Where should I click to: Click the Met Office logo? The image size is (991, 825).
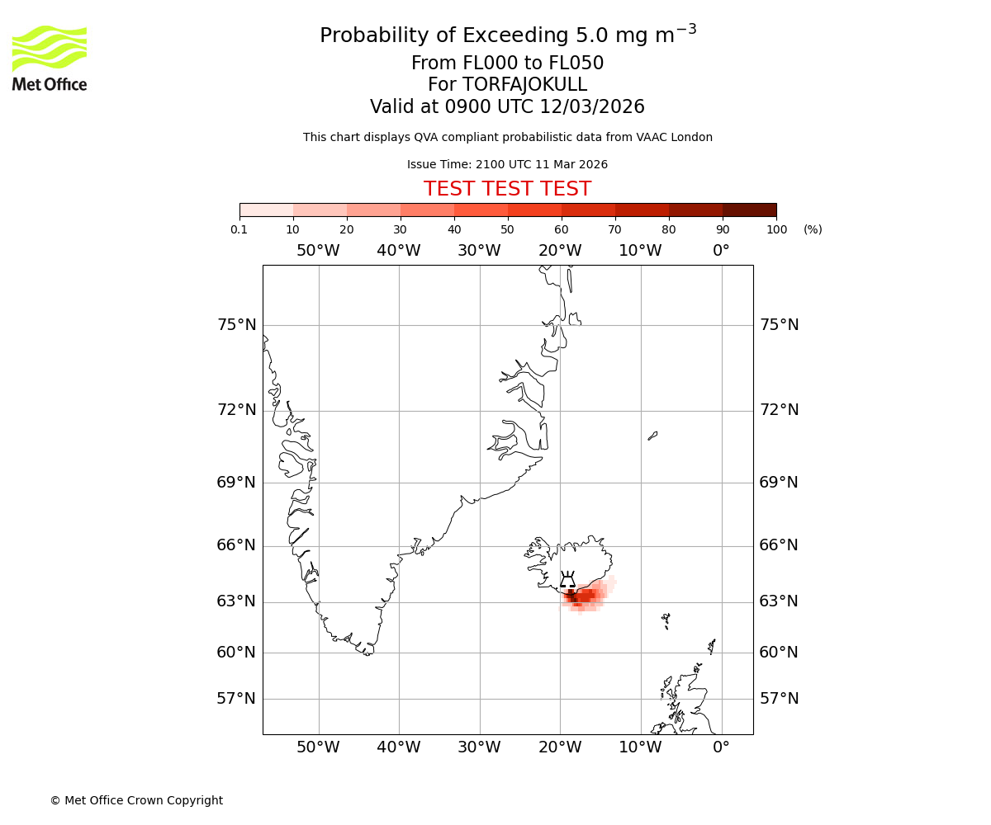(x=50, y=58)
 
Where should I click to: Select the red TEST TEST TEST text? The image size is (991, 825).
(x=507, y=189)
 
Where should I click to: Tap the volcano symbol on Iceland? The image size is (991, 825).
(x=567, y=581)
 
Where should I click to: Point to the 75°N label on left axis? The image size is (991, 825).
(x=236, y=325)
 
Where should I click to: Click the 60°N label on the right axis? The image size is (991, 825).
(x=779, y=653)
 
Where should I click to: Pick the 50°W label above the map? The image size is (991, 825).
(x=318, y=251)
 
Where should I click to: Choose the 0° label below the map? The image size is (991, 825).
(x=721, y=747)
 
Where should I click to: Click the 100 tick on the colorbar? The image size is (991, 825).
(x=776, y=229)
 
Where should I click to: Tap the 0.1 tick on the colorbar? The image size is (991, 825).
(x=239, y=229)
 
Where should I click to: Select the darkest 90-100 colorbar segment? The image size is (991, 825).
(x=749, y=210)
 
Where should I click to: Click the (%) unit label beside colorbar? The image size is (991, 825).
(x=813, y=229)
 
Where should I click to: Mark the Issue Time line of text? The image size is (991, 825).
(x=507, y=164)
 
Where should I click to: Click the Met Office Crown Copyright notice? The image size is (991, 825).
(x=136, y=800)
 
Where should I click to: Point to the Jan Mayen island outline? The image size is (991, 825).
(x=652, y=436)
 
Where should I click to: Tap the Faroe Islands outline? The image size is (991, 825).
(x=666, y=620)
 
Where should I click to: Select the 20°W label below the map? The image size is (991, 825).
(x=560, y=747)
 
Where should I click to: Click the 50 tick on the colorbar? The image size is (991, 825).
(x=507, y=229)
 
